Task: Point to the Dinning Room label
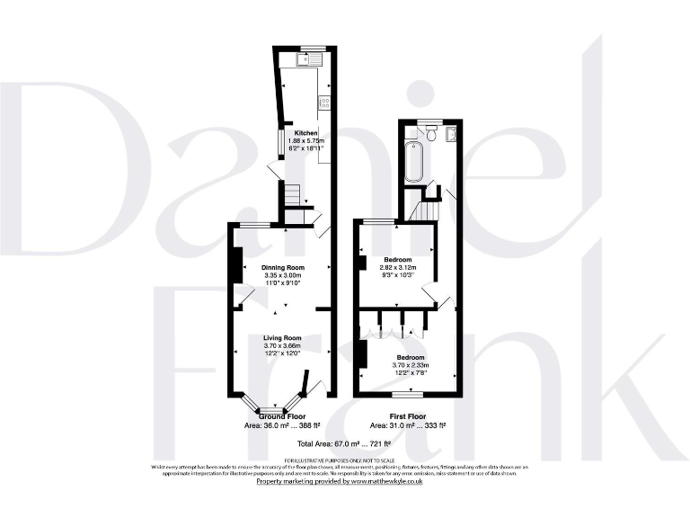[283, 267]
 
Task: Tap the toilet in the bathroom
[431, 134]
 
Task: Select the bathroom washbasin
[450, 135]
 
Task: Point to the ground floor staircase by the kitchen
[291, 194]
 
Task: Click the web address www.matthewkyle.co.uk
[390, 482]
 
